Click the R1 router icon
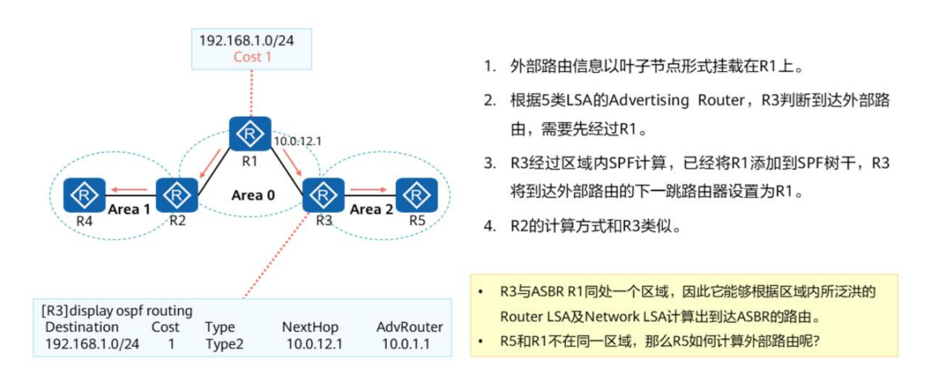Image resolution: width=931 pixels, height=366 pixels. pyautogui.click(x=249, y=133)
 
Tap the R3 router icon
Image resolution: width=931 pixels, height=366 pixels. pyautogui.click(x=323, y=194)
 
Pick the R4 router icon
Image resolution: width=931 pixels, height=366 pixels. pyautogui.click(x=83, y=194)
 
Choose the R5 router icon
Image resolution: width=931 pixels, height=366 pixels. pyautogui.click(x=417, y=194)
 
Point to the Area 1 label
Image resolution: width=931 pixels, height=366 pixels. pyautogui.click(x=130, y=209)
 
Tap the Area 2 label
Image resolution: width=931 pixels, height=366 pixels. pyautogui.click(x=370, y=209)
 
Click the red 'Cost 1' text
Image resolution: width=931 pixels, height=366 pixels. pyautogui.click(x=253, y=57)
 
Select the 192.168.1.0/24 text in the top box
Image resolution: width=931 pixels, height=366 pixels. pyautogui.click(x=252, y=40)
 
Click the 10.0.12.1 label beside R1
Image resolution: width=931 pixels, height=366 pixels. pyautogui.click(x=298, y=141)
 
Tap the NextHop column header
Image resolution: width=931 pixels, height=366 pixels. pyautogui.click(x=310, y=327)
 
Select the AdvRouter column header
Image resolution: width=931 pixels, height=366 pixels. pyautogui.click(x=410, y=327)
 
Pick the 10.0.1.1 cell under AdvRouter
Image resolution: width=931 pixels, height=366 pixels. pyautogui.click(x=406, y=343)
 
